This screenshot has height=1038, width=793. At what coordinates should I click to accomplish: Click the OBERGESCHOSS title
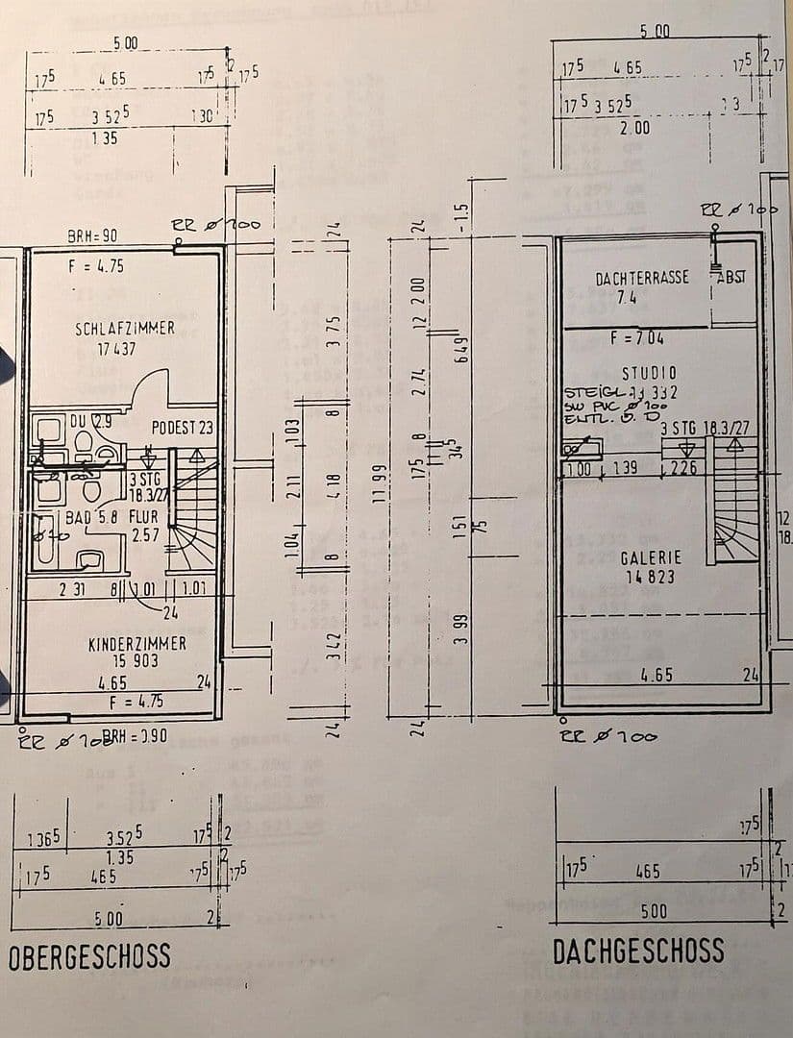point(89,956)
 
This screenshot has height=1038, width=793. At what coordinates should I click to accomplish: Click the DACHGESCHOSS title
point(638,951)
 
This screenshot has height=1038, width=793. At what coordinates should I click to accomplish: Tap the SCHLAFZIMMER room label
point(125,329)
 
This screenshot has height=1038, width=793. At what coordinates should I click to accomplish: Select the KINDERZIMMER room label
point(137,643)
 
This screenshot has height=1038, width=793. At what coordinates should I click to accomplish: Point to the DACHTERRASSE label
point(642,278)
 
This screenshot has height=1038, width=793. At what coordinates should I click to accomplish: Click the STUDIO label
point(649,372)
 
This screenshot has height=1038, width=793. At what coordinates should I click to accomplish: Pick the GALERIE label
point(651,557)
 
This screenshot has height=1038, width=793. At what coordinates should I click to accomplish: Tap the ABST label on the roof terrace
point(731,277)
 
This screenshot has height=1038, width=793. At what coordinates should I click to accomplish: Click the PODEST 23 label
point(183,427)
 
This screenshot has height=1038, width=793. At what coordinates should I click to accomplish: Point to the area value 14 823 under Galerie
point(651,578)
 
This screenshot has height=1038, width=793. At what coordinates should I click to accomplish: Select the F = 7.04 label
point(637,338)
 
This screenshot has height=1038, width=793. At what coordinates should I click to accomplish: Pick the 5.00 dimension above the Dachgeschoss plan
point(655,31)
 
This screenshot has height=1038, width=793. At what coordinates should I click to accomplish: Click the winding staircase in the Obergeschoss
point(194,509)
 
